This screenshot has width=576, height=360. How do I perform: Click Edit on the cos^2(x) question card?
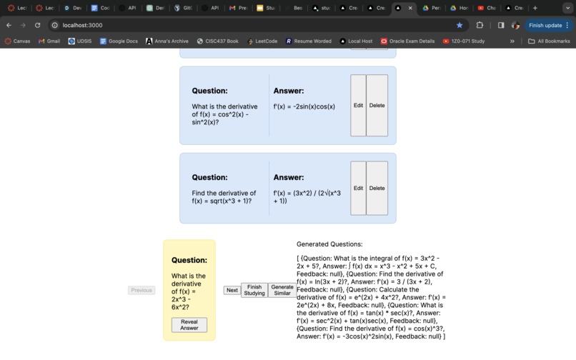358,106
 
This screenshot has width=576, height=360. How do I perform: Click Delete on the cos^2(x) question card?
377,106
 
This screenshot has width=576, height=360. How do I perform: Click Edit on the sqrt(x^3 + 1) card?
358,189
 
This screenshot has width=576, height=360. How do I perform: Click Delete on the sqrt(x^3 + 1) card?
377,189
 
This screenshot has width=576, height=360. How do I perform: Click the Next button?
232,290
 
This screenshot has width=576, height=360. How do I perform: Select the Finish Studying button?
254,290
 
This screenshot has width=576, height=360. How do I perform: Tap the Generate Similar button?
282,290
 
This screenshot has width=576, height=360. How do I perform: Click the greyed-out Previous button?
141,290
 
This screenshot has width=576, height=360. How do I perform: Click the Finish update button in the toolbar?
545,25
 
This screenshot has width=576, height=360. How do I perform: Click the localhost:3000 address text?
82,25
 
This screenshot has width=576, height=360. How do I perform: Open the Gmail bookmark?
49,41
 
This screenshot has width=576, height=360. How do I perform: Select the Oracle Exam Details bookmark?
407,41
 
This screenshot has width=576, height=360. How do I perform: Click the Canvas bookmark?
18,41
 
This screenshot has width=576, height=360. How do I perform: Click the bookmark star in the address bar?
460,25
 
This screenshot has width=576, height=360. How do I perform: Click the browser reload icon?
38,25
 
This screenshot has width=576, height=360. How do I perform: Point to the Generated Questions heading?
329,244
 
